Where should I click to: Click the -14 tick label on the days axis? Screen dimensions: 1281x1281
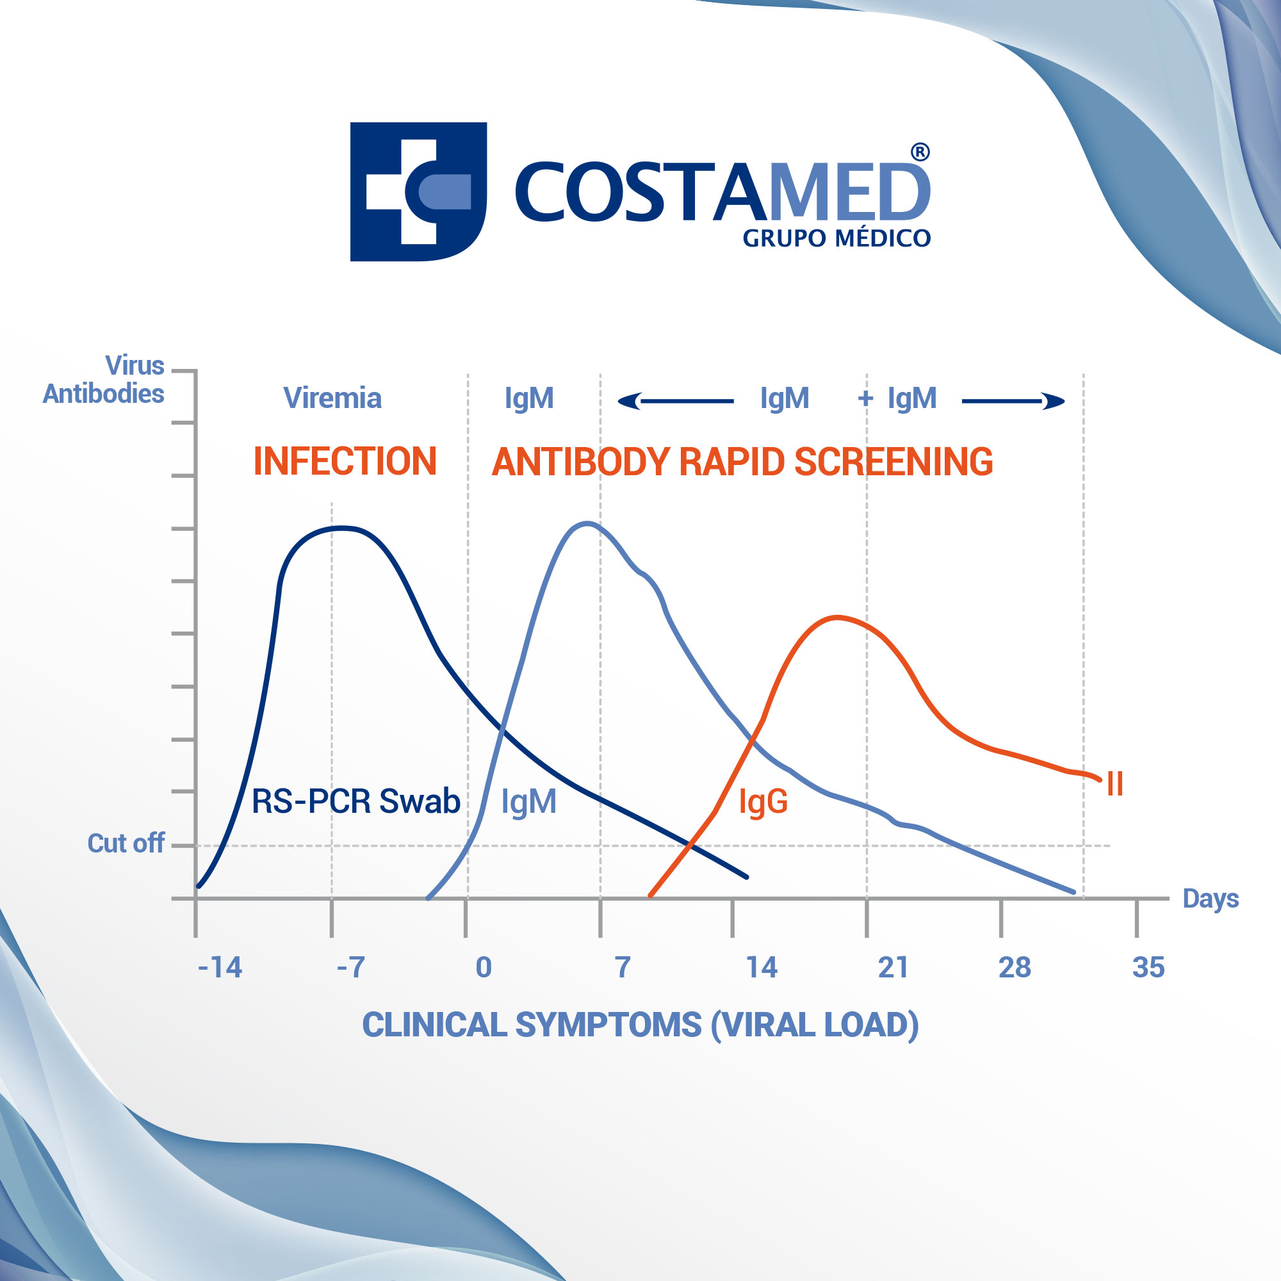coord(220,967)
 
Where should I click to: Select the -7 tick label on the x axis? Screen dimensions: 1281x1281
coord(351,967)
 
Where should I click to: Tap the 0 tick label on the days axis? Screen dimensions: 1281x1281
coord(484,967)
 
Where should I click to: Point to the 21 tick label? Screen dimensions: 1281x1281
coord(893,967)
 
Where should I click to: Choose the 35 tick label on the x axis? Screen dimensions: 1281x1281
coord(1148,967)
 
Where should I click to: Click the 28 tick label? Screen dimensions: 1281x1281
coord(1015,967)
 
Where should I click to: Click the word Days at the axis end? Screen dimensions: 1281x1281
coord(1211,899)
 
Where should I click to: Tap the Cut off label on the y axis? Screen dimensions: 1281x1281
coord(126,844)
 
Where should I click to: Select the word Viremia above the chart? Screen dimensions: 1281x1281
coord(332,398)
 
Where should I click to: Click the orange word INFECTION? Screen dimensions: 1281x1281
coord(345,461)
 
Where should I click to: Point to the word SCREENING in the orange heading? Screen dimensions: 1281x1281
coord(893,461)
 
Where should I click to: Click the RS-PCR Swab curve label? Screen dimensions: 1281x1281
coord(356,801)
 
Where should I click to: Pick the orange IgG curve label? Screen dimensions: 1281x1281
coord(763,802)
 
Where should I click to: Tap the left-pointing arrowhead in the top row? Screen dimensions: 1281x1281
coord(630,401)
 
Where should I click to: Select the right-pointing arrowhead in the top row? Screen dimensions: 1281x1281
coord(1053,401)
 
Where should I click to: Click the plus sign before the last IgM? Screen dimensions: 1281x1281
coord(865,398)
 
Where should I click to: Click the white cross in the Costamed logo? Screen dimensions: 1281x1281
coord(418,192)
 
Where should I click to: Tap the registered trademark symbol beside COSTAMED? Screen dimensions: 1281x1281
coord(920,152)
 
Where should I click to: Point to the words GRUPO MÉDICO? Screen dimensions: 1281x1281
coord(836,238)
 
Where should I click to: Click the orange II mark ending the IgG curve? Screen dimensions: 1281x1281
coord(1114,784)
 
